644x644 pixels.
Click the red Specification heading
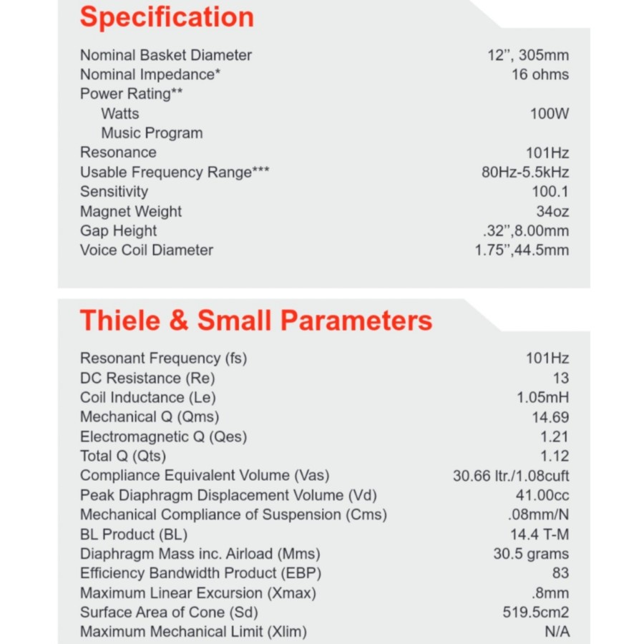166,17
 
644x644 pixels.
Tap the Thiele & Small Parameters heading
255,320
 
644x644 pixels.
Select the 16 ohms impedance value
540,74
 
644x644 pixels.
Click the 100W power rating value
549,114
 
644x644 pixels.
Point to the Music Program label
152,133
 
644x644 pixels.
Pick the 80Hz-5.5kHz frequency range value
525,172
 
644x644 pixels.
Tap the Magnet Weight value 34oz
552,212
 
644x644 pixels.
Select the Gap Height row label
118,231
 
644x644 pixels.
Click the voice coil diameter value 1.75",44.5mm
522,250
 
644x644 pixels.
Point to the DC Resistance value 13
560,378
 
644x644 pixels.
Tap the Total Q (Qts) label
123,456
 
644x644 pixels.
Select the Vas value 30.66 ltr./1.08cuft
511,476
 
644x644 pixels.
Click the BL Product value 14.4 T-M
539,535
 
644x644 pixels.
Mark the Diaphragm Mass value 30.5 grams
531,554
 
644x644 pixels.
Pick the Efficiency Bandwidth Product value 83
560,573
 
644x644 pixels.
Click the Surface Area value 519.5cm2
536,613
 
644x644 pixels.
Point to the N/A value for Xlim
557,632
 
